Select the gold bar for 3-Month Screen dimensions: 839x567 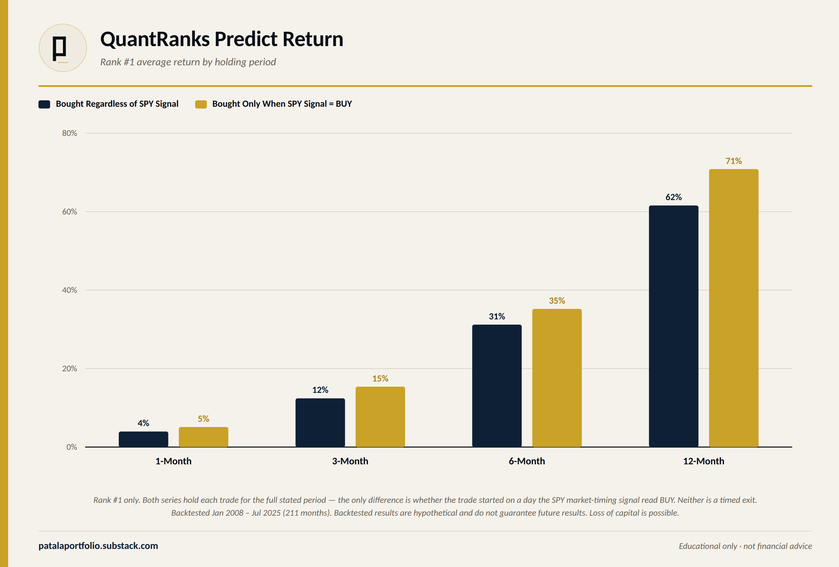click(x=380, y=417)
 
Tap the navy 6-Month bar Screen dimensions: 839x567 click(x=497, y=386)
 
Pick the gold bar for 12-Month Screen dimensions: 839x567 click(x=734, y=308)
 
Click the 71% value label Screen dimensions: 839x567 click(x=734, y=161)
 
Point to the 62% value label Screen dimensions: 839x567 click(x=674, y=197)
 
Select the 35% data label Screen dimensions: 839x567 click(x=557, y=301)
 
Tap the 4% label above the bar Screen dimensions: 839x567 click(x=143, y=423)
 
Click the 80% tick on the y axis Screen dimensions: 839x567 click(x=70, y=133)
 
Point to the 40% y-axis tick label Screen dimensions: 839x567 click(x=70, y=290)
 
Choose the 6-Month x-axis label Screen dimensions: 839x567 click(x=527, y=461)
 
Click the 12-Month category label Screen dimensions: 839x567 click(x=704, y=461)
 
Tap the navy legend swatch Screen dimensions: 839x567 click(x=44, y=104)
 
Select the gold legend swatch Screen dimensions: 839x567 click(x=201, y=104)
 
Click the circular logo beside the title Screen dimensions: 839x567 click(x=63, y=48)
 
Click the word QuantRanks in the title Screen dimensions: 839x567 click(x=155, y=39)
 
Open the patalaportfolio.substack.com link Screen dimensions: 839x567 click(x=98, y=546)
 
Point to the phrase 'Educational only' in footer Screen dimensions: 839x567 click(x=708, y=546)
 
